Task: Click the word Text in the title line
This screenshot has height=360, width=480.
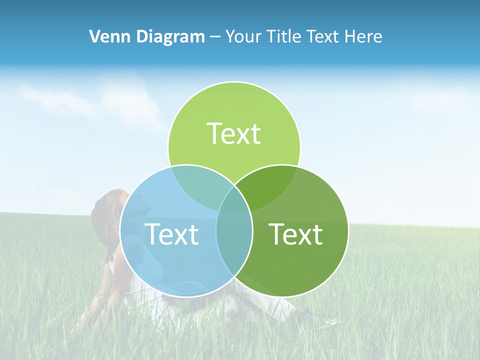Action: [324, 36]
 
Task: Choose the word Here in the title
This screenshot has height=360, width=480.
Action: [364, 36]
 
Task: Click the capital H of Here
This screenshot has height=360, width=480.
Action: [351, 36]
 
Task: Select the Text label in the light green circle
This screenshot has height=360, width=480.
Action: [234, 133]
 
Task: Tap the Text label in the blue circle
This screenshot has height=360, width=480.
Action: [171, 234]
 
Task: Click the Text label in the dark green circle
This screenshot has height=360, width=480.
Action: [295, 234]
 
